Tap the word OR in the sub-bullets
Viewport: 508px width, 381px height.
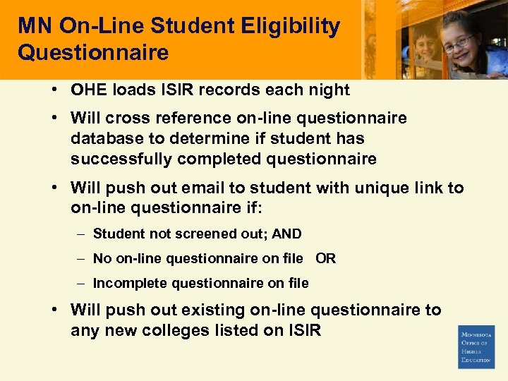(x=326, y=259)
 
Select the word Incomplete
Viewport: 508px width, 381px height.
(x=130, y=284)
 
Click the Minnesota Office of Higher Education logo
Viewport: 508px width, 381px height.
(x=476, y=346)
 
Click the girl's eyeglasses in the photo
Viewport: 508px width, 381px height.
(x=459, y=43)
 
